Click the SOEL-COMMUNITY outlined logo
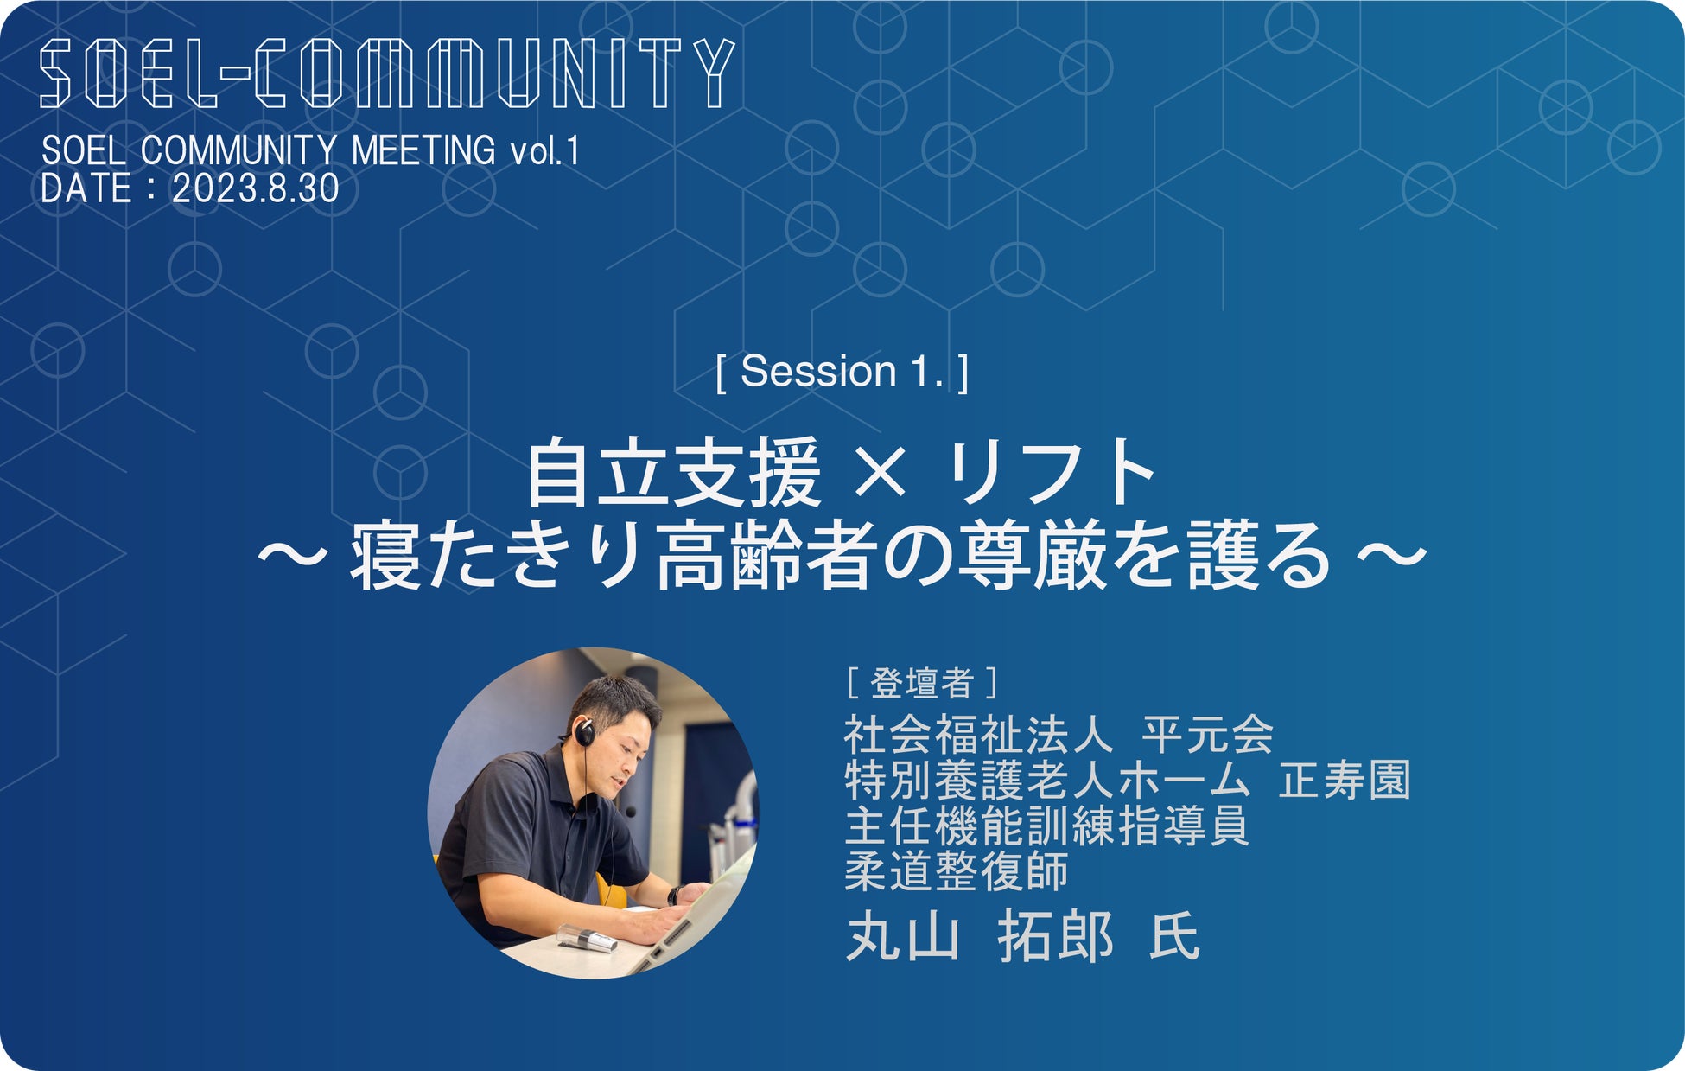click(x=386, y=73)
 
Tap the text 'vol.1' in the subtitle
click(x=544, y=151)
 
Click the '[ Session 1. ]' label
click(x=842, y=372)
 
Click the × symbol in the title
click(x=882, y=474)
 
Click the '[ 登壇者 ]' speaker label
click(x=922, y=683)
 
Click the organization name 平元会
click(x=1208, y=735)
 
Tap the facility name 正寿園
click(x=1345, y=781)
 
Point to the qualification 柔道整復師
click(x=957, y=871)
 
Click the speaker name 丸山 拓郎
click(x=980, y=936)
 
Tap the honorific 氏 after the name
click(x=1174, y=936)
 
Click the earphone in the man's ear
click(x=585, y=733)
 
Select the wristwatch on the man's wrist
click(x=673, y=896)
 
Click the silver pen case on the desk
click(x=588, y=939)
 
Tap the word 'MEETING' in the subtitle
click(x=423, y=151)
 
